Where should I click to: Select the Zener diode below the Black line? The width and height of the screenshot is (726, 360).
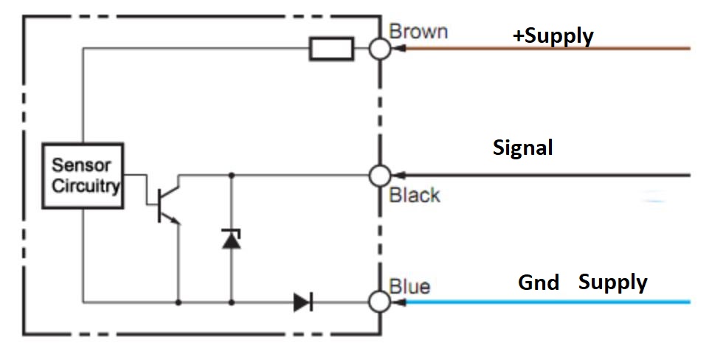click(232, 238)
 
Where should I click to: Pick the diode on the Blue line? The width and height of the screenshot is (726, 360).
click(302, 302)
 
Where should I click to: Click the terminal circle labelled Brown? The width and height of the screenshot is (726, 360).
click(380, 49)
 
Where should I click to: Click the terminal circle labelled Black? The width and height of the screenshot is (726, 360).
click(380, 176)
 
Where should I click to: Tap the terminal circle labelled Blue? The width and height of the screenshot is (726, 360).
click(380, 302)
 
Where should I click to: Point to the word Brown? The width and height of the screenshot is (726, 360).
click(418, 32)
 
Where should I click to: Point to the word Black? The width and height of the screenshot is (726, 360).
click(415, 195)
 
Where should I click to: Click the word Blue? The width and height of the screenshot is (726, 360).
click(410, 285)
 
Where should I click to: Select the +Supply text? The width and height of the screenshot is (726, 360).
click(553, 35)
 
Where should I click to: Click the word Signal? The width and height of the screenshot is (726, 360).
click(522, 148)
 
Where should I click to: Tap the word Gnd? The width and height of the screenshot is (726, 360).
click(539, 283)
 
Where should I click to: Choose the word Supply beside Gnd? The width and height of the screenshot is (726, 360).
click(613, 283)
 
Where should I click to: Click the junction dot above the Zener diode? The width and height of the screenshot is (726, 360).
click(232, 176)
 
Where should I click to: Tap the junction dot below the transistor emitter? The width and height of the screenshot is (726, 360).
click(178, 302)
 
